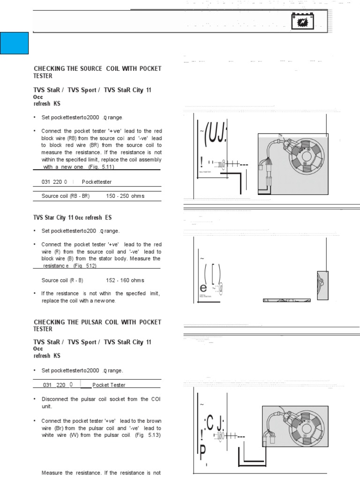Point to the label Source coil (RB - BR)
coord(66,196)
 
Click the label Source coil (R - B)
coord(62,280)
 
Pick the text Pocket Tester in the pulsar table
coord(109,385)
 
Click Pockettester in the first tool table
coord(97,181)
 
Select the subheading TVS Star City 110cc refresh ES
coord(73,218)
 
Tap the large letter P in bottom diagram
coord(202,454)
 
